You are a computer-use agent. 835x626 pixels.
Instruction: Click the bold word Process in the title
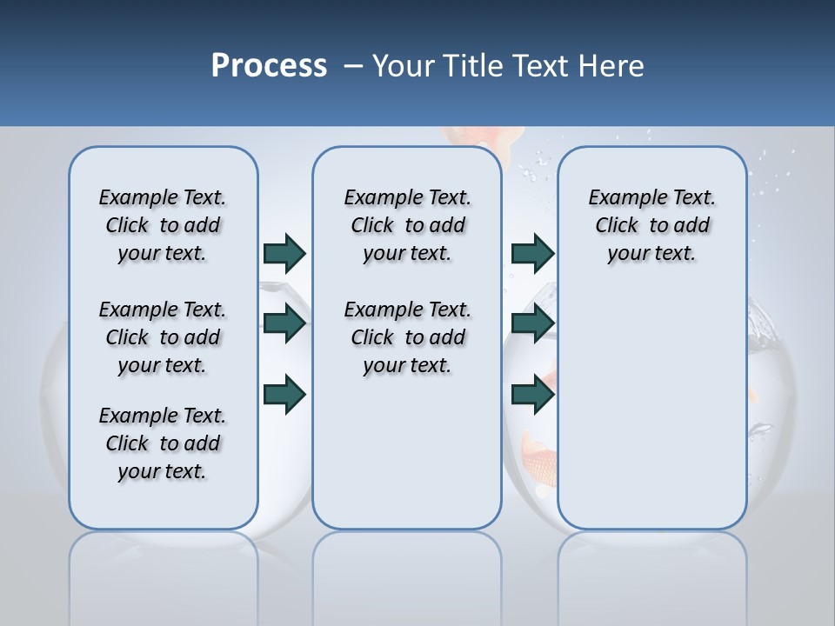tap(269, 65)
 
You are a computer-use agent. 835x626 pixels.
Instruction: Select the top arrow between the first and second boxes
tap(284, 253)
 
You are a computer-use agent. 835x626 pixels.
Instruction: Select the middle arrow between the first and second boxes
tap(284, 323)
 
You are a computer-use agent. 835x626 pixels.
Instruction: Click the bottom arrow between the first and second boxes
tap(284, 394)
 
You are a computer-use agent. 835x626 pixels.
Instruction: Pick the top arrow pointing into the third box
tap(532, 253)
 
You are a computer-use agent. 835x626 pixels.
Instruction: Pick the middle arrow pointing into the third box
tap(532, 323)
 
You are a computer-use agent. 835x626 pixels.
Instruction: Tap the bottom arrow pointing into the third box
tap(532, 394)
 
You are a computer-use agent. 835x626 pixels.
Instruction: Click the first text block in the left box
tap(163, 225)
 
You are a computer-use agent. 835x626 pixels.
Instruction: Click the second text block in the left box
tap(163, 337)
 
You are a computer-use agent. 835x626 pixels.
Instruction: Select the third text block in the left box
tap(163, 443)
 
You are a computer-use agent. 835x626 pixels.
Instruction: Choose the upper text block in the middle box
tap(407, 225)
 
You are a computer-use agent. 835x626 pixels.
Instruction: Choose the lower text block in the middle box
tap(407, 337)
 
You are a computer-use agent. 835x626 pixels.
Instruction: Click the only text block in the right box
tap(651, 225)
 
